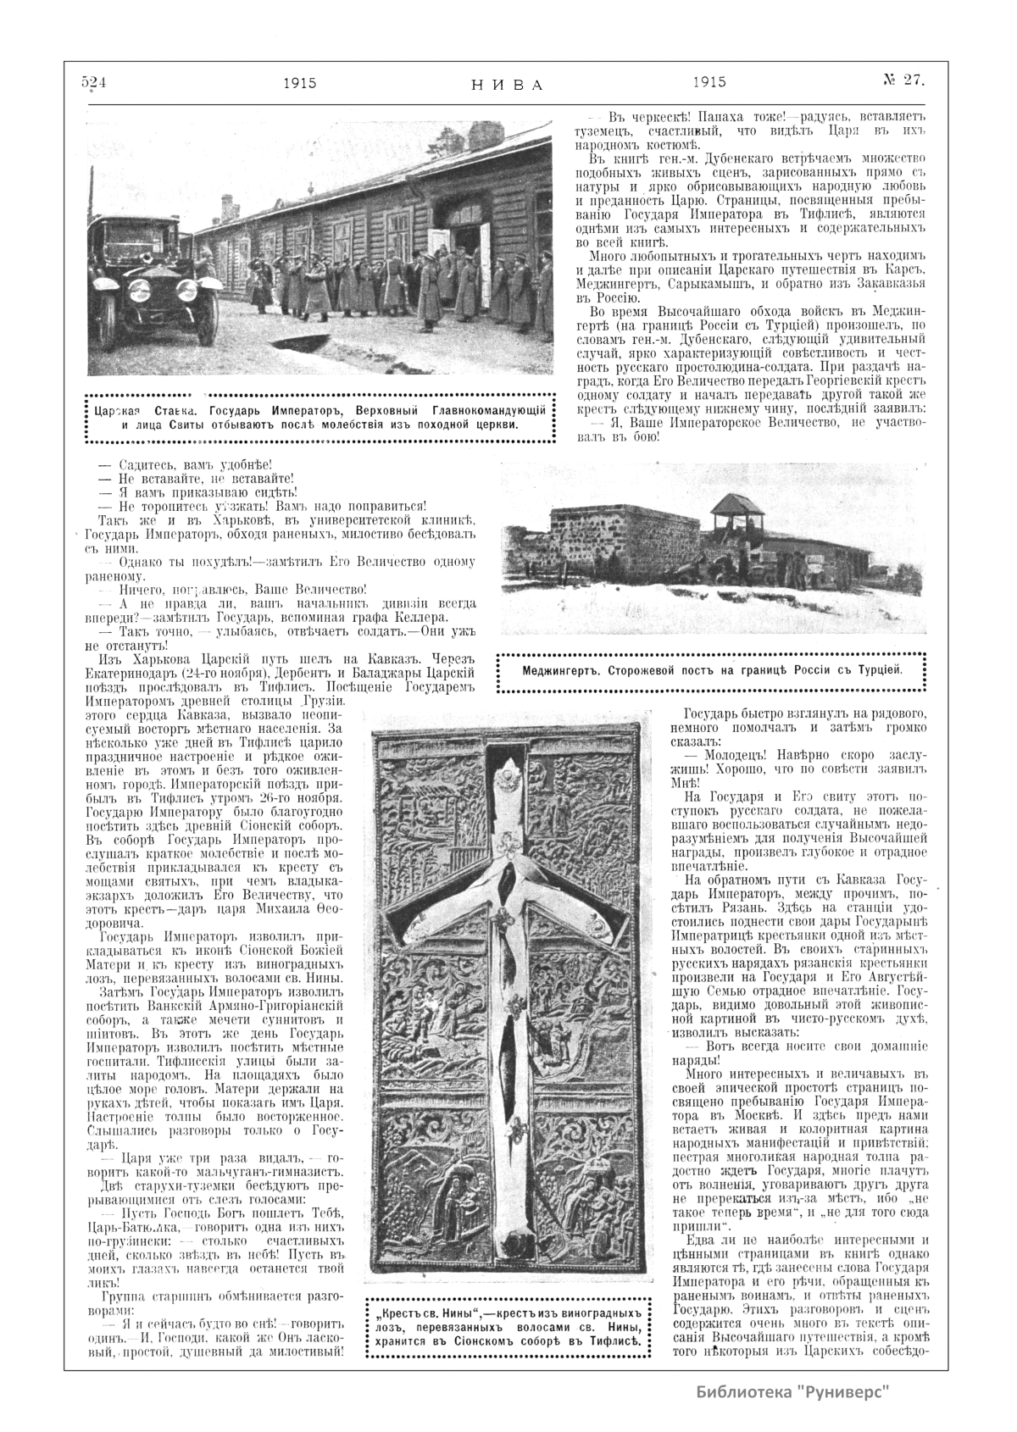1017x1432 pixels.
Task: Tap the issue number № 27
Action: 903,80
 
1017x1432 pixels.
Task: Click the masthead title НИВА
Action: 506,84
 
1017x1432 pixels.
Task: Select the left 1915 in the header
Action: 300,82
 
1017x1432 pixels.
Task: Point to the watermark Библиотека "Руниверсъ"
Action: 793,1391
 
